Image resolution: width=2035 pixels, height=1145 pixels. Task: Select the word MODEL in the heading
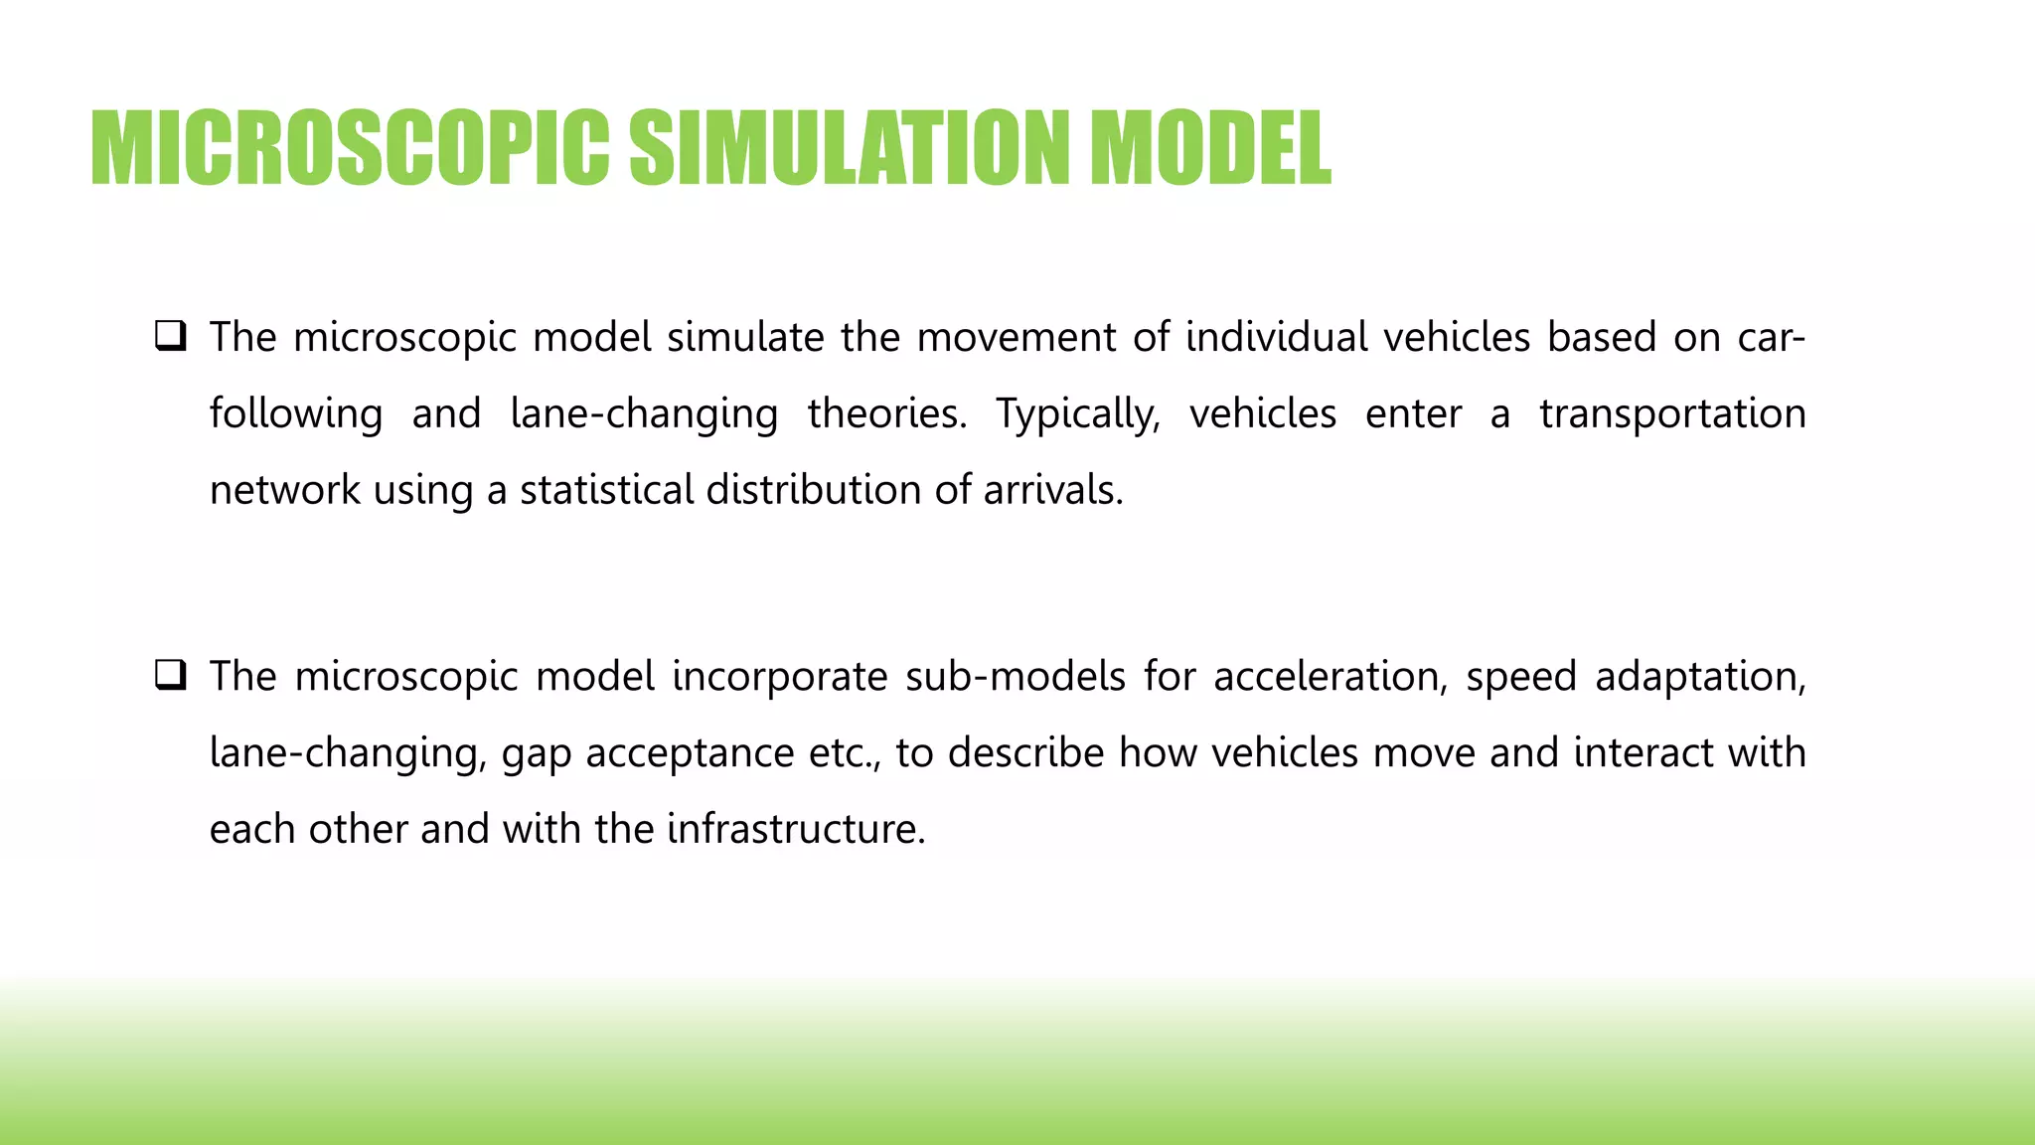(1209, 148)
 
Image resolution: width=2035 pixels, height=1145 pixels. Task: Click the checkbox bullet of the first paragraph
(171, 336)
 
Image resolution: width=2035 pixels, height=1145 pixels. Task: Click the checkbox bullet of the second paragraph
(171, 676)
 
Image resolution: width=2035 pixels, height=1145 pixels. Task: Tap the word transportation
(1672, 414)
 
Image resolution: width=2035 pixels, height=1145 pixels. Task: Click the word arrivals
(1053, 490)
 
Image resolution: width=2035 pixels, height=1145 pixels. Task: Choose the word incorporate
(780, 677)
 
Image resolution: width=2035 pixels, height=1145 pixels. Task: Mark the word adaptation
(1700, 677)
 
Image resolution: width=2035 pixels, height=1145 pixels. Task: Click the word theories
(886, 414)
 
